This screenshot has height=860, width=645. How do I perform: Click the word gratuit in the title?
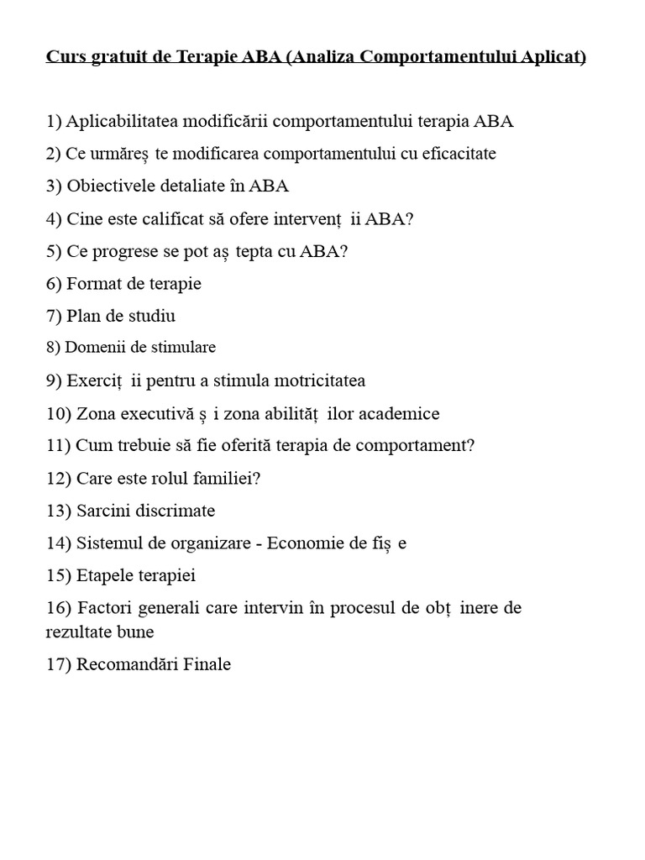click(x=112, y=58)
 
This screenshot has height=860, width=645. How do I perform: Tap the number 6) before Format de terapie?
click(x=54, y=284)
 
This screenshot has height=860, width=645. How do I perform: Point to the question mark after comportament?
click(x=470, y=446)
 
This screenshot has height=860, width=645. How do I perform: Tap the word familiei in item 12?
click(x=228, y=479)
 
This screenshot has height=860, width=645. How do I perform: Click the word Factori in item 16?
click(x=103, y=608)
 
